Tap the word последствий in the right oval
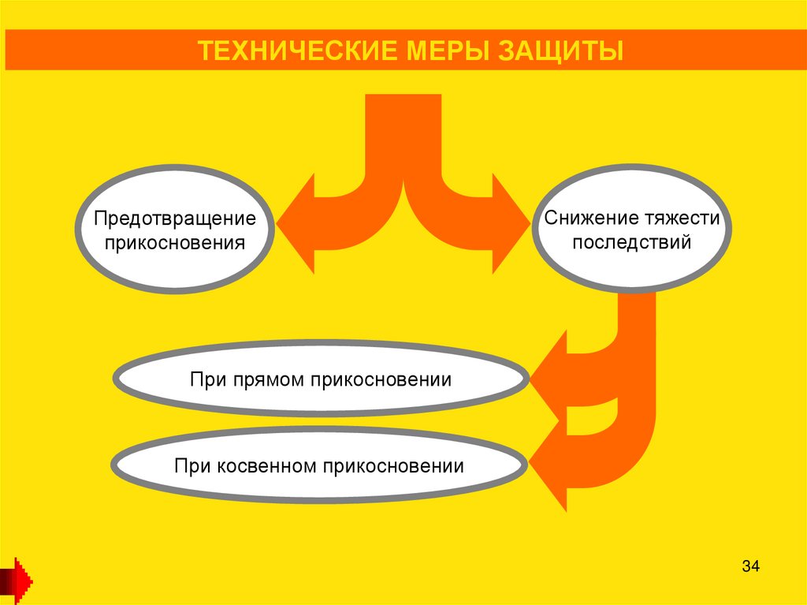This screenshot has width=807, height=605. tap(631, 241)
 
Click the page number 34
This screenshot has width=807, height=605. tap(750, 566)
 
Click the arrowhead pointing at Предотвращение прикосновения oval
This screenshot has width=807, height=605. tap(296, 224)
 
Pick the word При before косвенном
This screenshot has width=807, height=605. tap(192, 465)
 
